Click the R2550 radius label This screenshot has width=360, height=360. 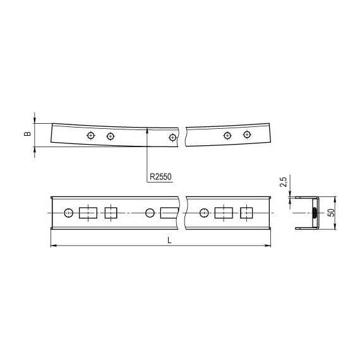pos(162,177)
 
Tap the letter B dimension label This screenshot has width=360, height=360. pos(27,135)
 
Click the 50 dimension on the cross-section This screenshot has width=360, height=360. pos(330,213)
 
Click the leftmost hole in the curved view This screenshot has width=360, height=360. pos(92,135)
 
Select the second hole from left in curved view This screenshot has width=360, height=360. pos(111,136)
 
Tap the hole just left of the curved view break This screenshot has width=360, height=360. pos(172,137)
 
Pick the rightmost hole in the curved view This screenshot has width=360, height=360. pos(247,135)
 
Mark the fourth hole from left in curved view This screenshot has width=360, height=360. pos(227,135)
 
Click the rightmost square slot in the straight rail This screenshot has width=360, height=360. pos(246,213)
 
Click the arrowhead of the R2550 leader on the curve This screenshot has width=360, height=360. pos(147,130)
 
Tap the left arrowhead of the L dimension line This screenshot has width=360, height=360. pos(52,245)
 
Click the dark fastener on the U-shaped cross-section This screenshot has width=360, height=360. pos(315,213)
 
